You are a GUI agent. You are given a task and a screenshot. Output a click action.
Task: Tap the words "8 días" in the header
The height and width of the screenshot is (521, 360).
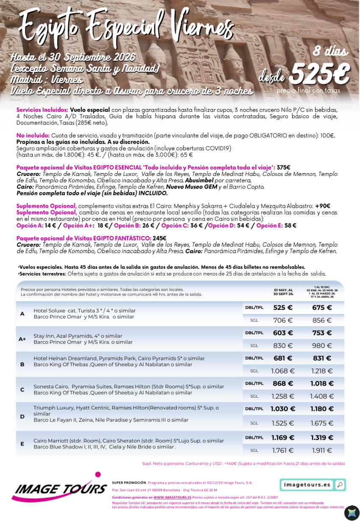(x=330, y=51)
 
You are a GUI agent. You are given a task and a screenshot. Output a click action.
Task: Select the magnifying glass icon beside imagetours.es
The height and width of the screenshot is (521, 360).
(x=339, y=485)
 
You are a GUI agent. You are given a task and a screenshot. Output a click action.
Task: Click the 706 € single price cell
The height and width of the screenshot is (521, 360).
(x=283, y=320)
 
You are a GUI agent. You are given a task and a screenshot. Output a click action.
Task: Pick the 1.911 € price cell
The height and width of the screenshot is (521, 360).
(x=322, y=451)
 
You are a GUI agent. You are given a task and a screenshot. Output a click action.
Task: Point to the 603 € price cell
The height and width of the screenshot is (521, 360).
(x=283, y=333)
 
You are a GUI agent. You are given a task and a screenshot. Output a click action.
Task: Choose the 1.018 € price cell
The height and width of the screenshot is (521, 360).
(x=322, y=383)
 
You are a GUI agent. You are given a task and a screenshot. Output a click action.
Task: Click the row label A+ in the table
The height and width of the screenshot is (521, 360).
(x=22, y=339)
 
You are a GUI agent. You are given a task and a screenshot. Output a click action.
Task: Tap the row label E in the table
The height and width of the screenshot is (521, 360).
(x=22, y=444)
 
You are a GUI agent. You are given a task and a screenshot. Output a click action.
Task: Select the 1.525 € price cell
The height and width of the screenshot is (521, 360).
(x=283, y=423)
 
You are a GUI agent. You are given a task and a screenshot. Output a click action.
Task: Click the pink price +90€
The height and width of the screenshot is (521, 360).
(x=322, y=206)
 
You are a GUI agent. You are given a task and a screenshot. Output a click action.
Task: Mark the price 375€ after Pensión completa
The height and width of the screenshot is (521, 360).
(x=283, y=167)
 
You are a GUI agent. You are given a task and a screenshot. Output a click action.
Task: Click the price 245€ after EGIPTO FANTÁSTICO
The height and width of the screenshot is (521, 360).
(x=159, y=238)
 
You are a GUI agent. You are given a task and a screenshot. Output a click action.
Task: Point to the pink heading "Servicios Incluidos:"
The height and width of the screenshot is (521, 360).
(x=42, y=109)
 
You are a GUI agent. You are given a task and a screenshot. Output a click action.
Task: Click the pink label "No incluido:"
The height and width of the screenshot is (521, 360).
(x=33, y=136)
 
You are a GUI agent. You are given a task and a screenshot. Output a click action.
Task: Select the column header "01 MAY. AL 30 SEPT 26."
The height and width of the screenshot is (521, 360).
(x=283, y=292)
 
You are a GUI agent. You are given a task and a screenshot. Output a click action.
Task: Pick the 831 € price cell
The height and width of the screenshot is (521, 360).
(x=322, y=358)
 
